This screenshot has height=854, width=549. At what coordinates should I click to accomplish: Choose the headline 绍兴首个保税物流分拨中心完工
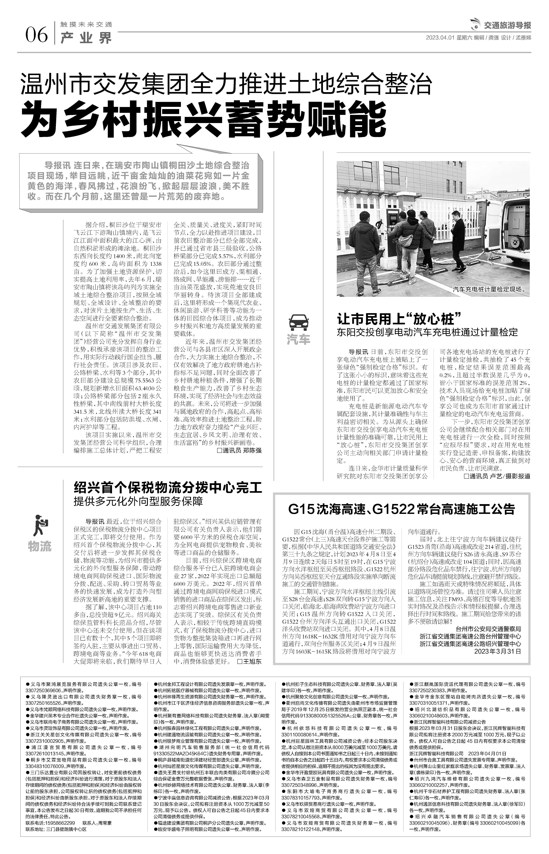pyautogui.click(x=168, y=487)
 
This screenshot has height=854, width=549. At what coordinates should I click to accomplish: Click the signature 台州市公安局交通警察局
pyautogui.click(x=488, y=629)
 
